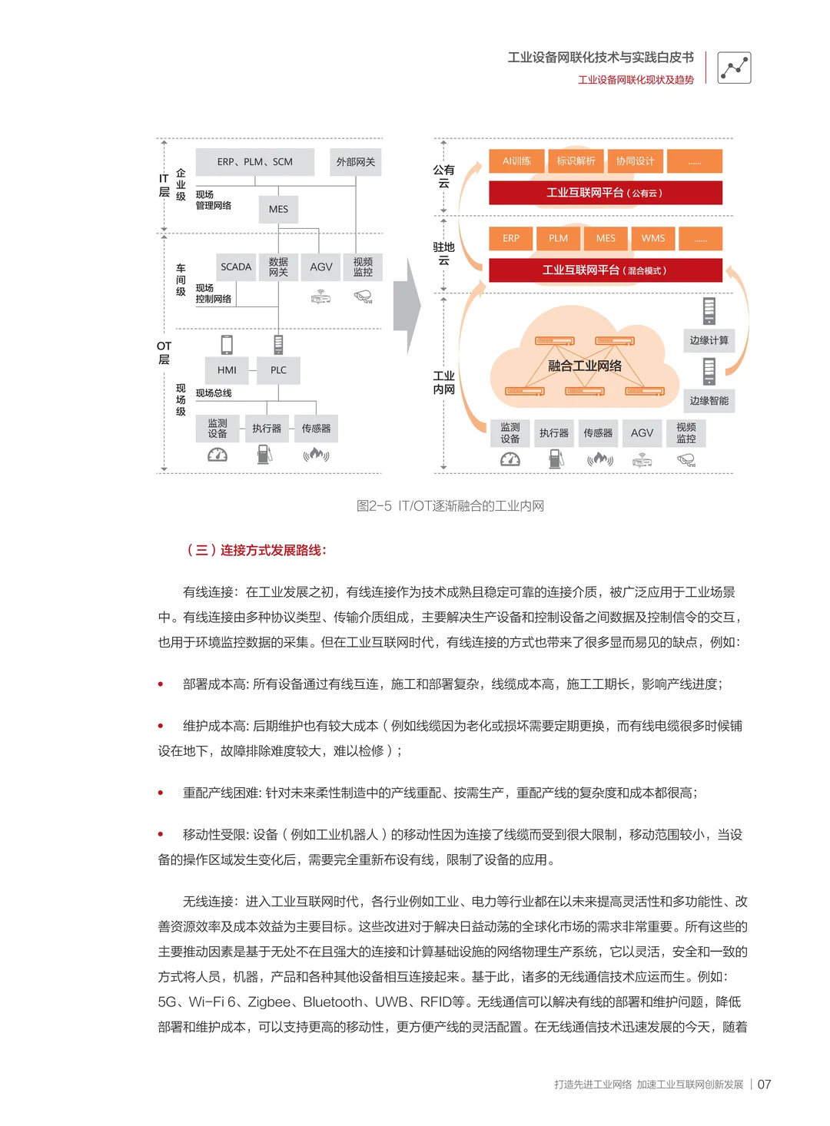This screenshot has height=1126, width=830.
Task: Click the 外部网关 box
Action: pos(355,162)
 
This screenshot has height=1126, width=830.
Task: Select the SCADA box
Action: pos(236,267)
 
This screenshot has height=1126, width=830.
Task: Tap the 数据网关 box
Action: pos(278,267)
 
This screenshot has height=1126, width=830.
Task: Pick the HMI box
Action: pos(227,370)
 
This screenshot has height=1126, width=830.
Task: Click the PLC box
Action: pos(278,370)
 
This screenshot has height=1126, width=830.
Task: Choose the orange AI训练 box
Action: pos(516,161)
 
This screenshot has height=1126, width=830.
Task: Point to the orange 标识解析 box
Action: pos(576,161)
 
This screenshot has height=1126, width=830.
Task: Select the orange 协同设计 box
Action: pos(635,161)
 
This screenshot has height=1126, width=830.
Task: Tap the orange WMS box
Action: pos(653,239)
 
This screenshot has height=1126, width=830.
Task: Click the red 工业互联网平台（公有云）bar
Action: pos(605,193)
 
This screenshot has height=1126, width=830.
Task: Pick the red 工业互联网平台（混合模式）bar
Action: pos(605,270)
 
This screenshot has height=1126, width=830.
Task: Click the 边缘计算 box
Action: pos(709,340)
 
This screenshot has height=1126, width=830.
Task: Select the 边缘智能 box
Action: pos(709,401)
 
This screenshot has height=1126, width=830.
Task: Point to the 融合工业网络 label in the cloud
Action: pos(585,366)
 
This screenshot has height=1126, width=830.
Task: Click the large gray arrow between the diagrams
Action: pos(407,306)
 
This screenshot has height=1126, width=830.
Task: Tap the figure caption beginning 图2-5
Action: pos(450,506)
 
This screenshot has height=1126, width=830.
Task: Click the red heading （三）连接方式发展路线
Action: pos(256,550)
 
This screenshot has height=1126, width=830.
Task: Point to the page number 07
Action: pos(764,1085)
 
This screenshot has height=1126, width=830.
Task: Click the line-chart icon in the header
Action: pos(734,68)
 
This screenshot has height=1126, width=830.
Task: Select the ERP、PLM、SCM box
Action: pos(255,162)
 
